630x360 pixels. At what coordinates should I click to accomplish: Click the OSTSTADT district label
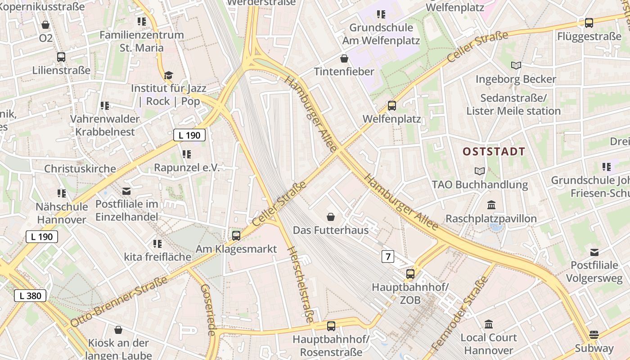tap(494, 152)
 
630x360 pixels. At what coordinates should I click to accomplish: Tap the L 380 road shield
tap(30, 296)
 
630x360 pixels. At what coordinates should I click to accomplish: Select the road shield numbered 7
tap(387, 256)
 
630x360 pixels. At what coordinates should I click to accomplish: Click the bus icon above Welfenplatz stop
tap(392, 106)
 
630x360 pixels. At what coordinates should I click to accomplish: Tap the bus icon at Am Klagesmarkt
tap(236, 235)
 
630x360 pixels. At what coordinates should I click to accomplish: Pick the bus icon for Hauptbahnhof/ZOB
tap(410, 274)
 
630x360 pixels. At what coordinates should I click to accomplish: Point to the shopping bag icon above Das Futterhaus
tap(331, 217)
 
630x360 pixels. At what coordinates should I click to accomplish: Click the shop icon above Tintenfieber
tap(344, 58)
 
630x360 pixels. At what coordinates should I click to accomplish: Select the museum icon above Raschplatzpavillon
tap(491, 205)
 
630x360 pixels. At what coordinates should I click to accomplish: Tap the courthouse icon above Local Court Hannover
tap(489, 324)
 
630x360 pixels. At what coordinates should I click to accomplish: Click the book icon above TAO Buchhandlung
tap(480, 171)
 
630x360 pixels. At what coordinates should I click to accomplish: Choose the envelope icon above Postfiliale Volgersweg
tap(594, 252)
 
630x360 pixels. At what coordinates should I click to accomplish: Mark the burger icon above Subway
tap(594, 335)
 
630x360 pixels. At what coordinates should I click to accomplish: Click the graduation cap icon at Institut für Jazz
tap(168, 75)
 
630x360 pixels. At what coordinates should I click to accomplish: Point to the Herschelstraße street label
tap(300, 284)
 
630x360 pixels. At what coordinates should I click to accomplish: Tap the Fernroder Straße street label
tap(460, 313)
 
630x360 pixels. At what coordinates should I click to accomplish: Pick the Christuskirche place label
tap(80, 169)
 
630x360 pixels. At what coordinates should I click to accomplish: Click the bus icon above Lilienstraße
tap(61, 57)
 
